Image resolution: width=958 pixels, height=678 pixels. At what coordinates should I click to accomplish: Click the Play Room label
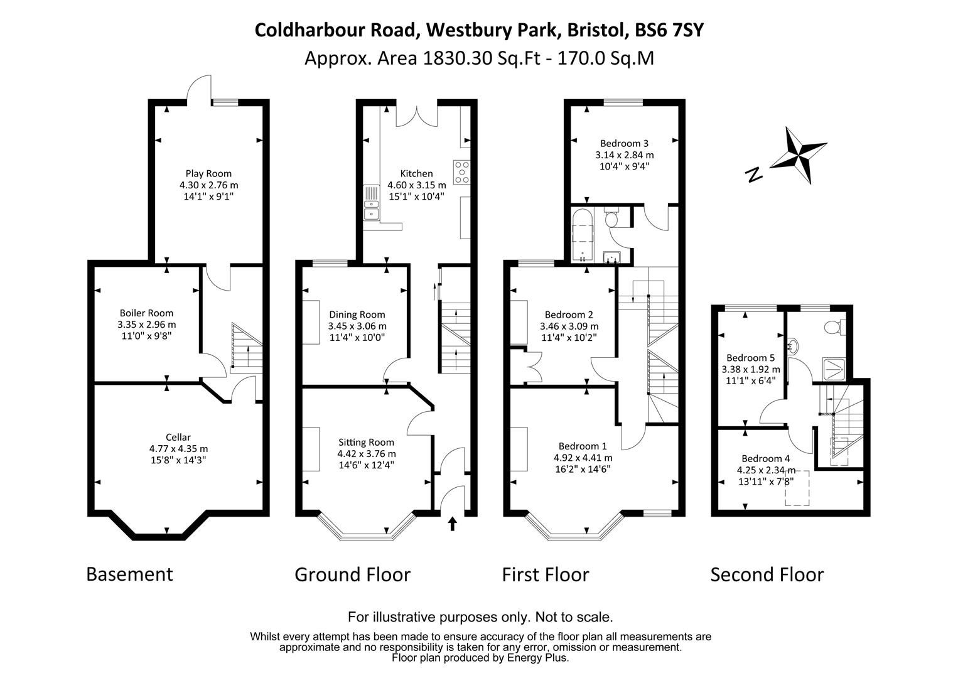(x=208, y=174)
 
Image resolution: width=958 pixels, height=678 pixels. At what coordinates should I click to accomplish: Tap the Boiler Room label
(x=146, y=313)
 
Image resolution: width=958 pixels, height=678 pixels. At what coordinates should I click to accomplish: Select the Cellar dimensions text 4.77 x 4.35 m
(x=178, y=449)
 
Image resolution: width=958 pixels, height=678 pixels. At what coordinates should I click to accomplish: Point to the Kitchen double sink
(x=371, y=204)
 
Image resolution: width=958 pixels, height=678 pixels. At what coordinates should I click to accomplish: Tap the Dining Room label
(x=357, y=315)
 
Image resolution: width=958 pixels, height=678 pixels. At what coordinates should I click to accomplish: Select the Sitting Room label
(x=366, y=442)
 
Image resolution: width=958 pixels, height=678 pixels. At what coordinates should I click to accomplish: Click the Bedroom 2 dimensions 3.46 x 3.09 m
(x=569, y=326)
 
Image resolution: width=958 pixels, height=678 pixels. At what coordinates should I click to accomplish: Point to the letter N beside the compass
(x=754, y=175)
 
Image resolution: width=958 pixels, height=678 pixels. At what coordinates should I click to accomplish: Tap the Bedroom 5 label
(x=750, y=358)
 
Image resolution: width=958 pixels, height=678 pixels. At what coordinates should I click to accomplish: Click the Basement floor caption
(x=129, y=574)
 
